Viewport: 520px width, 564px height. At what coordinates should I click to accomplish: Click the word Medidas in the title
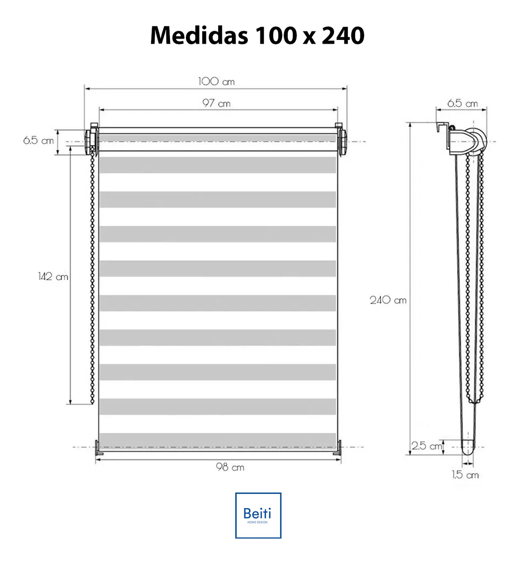(199, 36)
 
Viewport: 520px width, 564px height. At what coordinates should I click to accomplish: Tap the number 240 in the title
(343, 36)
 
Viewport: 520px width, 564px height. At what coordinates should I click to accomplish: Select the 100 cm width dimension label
(216, 81)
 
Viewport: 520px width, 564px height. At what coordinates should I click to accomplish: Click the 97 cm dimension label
(216, 103)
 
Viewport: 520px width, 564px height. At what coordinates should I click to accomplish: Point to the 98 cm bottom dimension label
(230, 467)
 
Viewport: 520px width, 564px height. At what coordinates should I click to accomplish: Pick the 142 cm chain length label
(53, 276)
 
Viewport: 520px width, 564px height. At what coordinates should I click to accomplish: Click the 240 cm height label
(388, 300)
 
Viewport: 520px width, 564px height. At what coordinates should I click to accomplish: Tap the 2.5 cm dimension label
(427, 446)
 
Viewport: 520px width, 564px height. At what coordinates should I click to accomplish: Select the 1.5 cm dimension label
(465, 475)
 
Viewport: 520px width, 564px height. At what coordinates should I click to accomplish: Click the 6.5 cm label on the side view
(462, 103)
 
